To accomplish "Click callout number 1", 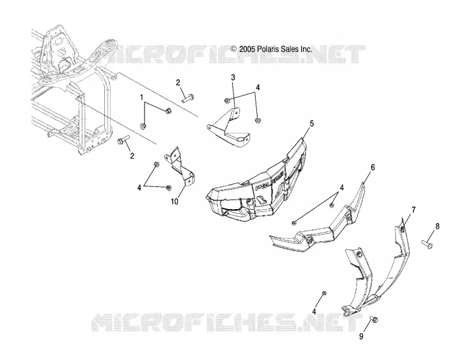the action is coord(142,97).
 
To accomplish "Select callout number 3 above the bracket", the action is coord(233,77).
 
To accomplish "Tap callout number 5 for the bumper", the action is coord(312,123).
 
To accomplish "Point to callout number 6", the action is coord(372,167).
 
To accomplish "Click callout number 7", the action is coord(414,210).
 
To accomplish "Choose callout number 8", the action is coord(437,226).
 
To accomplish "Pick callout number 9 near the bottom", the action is coord(361,336).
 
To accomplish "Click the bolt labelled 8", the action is coord(427,244).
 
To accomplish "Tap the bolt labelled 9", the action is coord(374,320).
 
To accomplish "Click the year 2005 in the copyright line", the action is coord(246,49).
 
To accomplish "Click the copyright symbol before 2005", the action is coord(234,49).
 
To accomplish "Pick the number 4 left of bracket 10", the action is coord(139,188).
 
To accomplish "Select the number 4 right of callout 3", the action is coord(257,87).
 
